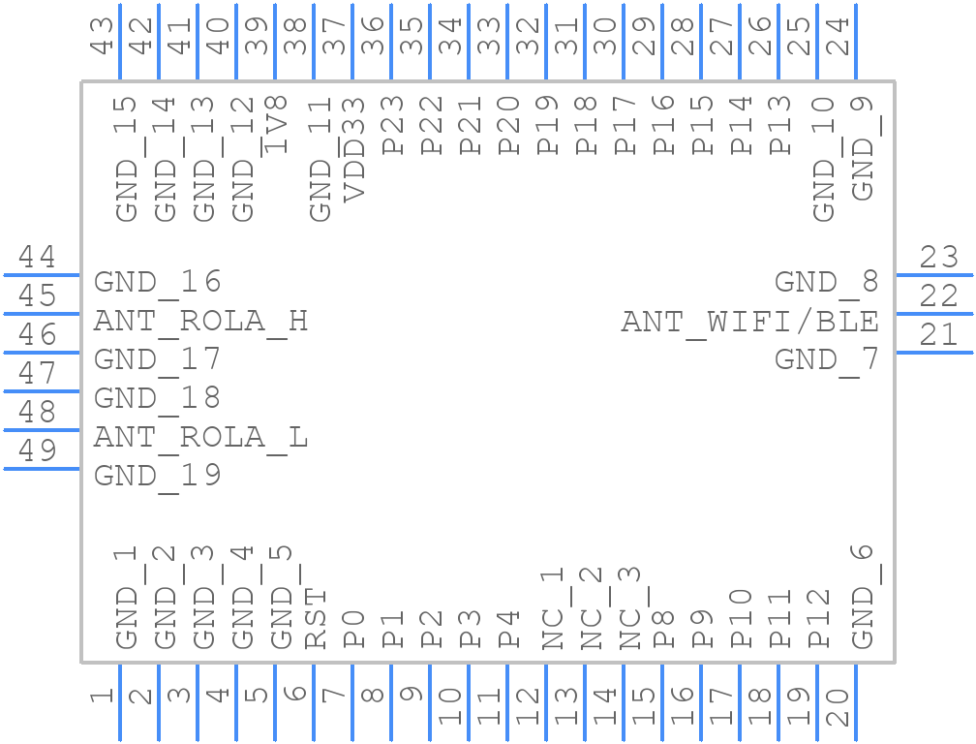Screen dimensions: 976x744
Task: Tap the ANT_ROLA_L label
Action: click(200, 438)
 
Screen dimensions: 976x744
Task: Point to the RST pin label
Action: click(316, 618)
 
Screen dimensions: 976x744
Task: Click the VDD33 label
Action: click(353, 149)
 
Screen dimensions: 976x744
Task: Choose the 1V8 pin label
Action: click(276, 125)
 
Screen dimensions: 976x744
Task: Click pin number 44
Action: click(37, 256)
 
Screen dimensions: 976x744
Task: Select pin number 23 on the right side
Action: click(938, 256)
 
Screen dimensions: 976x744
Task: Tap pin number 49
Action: click(37, 449)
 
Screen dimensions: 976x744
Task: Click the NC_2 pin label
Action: click(592, 608)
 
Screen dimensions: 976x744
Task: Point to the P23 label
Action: click(393, 125)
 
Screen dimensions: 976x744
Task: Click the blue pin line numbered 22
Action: click(935, 314)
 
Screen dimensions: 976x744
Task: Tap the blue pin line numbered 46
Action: click(41, 353)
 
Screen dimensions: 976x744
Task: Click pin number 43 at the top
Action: click(102, 35)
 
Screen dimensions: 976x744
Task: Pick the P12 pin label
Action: click(818, 618)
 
